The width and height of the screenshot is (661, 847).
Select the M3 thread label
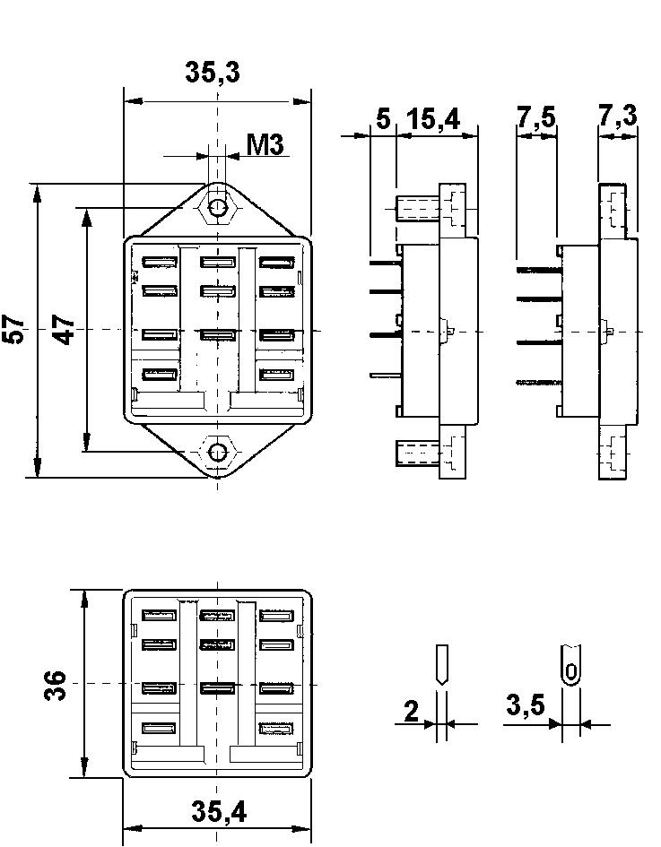pyautogui.click(x=265, y=143)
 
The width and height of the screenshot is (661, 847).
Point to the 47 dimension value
pyautogui.click(x=64, y=330)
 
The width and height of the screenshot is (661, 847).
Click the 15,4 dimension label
pyautogui.click(x=432, y=119)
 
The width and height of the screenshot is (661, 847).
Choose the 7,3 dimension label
pyautogui.click(x=620, y=117)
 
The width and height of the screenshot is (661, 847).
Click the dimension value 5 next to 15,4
pyautogui.click(x=383, y=119)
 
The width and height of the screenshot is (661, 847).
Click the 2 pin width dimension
pyautogui.click(x=412, y=712)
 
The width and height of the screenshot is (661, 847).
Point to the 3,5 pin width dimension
pyautogui.click(x=525, y=706)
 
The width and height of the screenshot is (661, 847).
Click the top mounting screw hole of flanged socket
pyautogui.click(x=217, y=208)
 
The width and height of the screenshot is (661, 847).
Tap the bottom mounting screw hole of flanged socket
pyautogui.click(x=217, y=452)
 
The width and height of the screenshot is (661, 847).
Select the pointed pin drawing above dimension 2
pyautogui.click(x=440, y=666)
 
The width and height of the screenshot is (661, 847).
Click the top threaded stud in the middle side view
pyautogui.click(x=416, y=210)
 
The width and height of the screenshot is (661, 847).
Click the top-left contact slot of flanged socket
pyautogui.click(x=158, y=263)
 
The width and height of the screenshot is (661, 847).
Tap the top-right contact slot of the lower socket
pyautogui.click(x=275, y=616)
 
